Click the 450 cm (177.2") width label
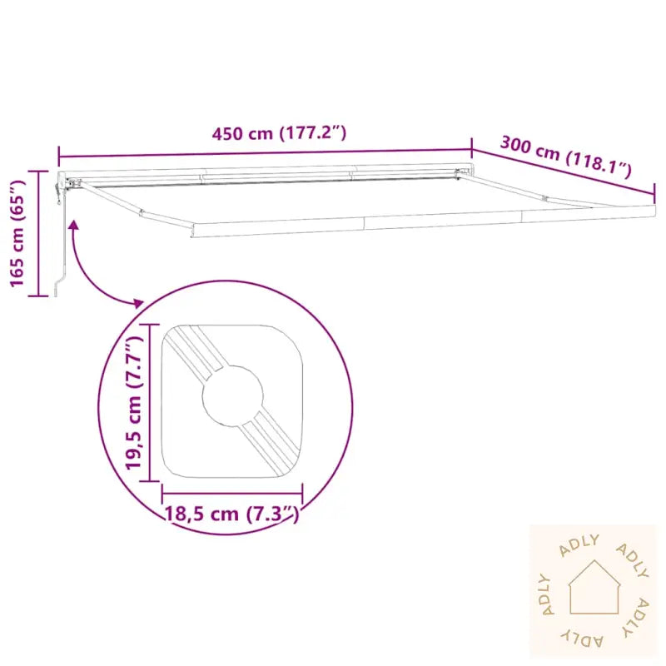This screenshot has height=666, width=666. (279, 133)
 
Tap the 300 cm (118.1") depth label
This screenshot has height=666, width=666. (566, 156)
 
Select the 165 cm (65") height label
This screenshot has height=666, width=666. (17, 233)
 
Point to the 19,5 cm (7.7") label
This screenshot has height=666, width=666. (135, 402)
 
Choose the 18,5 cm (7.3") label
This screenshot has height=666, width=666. (232, 514)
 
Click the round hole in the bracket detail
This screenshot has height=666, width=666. (233, 396)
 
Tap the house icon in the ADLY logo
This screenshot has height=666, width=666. (594, 587)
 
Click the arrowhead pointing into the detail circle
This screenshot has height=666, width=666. (139, 303)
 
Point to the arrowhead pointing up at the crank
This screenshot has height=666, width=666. (74, 225)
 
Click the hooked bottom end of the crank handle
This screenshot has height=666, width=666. (58, 287)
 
